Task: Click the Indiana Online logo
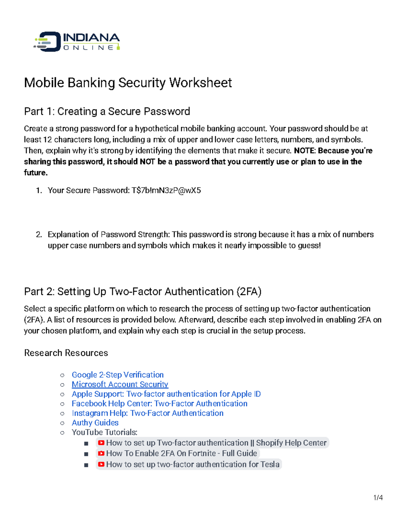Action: coord(77,42)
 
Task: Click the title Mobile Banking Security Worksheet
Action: coord(128,83)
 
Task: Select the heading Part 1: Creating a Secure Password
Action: coord(107,111)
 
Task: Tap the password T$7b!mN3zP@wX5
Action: coord(166,190)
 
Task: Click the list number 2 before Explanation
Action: coord(39,234)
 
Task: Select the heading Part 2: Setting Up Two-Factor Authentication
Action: coord(142,291)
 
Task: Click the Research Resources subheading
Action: coord(66,353)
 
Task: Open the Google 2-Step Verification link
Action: coord(117,375)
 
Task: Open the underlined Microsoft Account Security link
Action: coord(120,384)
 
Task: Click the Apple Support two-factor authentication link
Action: coord(166,394)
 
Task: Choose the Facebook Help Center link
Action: coord(159,403)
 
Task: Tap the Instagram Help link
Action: coord(148,413)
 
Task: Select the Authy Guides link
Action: coord(95,422)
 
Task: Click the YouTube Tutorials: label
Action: coord(104,432)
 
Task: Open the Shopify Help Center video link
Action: coord(216,443)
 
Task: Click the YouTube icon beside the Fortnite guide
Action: coord(101,453)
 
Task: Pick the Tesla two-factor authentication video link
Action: coord(192,464)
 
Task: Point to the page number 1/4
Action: coord(378,498)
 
